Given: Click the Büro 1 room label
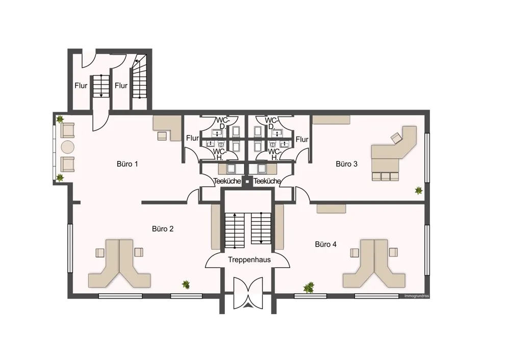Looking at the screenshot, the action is (x=127, y=164).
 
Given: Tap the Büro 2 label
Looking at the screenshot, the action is (x=163, y=229).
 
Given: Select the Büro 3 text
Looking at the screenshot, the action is (x=346, y=164).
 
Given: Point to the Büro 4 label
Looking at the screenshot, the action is (x=325, y=244).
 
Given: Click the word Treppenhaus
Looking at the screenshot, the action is (x=249, y=260).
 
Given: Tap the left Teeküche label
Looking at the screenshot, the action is (x=227, y=181).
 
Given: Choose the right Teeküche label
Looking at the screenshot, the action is (x=267, y=181).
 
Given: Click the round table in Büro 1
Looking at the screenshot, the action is (x=68, y=147).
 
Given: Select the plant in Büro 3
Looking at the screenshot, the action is (x=419, y=190).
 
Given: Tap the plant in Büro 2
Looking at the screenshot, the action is (x=186, y=285).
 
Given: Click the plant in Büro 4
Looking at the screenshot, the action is (x=309, y=288).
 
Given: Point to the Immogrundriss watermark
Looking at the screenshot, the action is (x=416, y=296).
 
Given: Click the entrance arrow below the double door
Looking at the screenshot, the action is (x=248, y=305).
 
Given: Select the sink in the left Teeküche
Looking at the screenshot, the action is (x=232, y=168).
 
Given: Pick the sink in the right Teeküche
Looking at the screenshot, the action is (x=262, y=168).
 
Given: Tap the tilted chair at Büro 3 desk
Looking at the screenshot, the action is (x=396, y=138).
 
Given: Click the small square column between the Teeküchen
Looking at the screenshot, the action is (x=247, y=182).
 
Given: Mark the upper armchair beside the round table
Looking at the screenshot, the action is (x=67, y=130).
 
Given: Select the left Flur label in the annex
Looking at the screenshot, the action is (x=81, y=86).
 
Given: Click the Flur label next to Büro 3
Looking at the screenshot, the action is (x=302, y=139).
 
